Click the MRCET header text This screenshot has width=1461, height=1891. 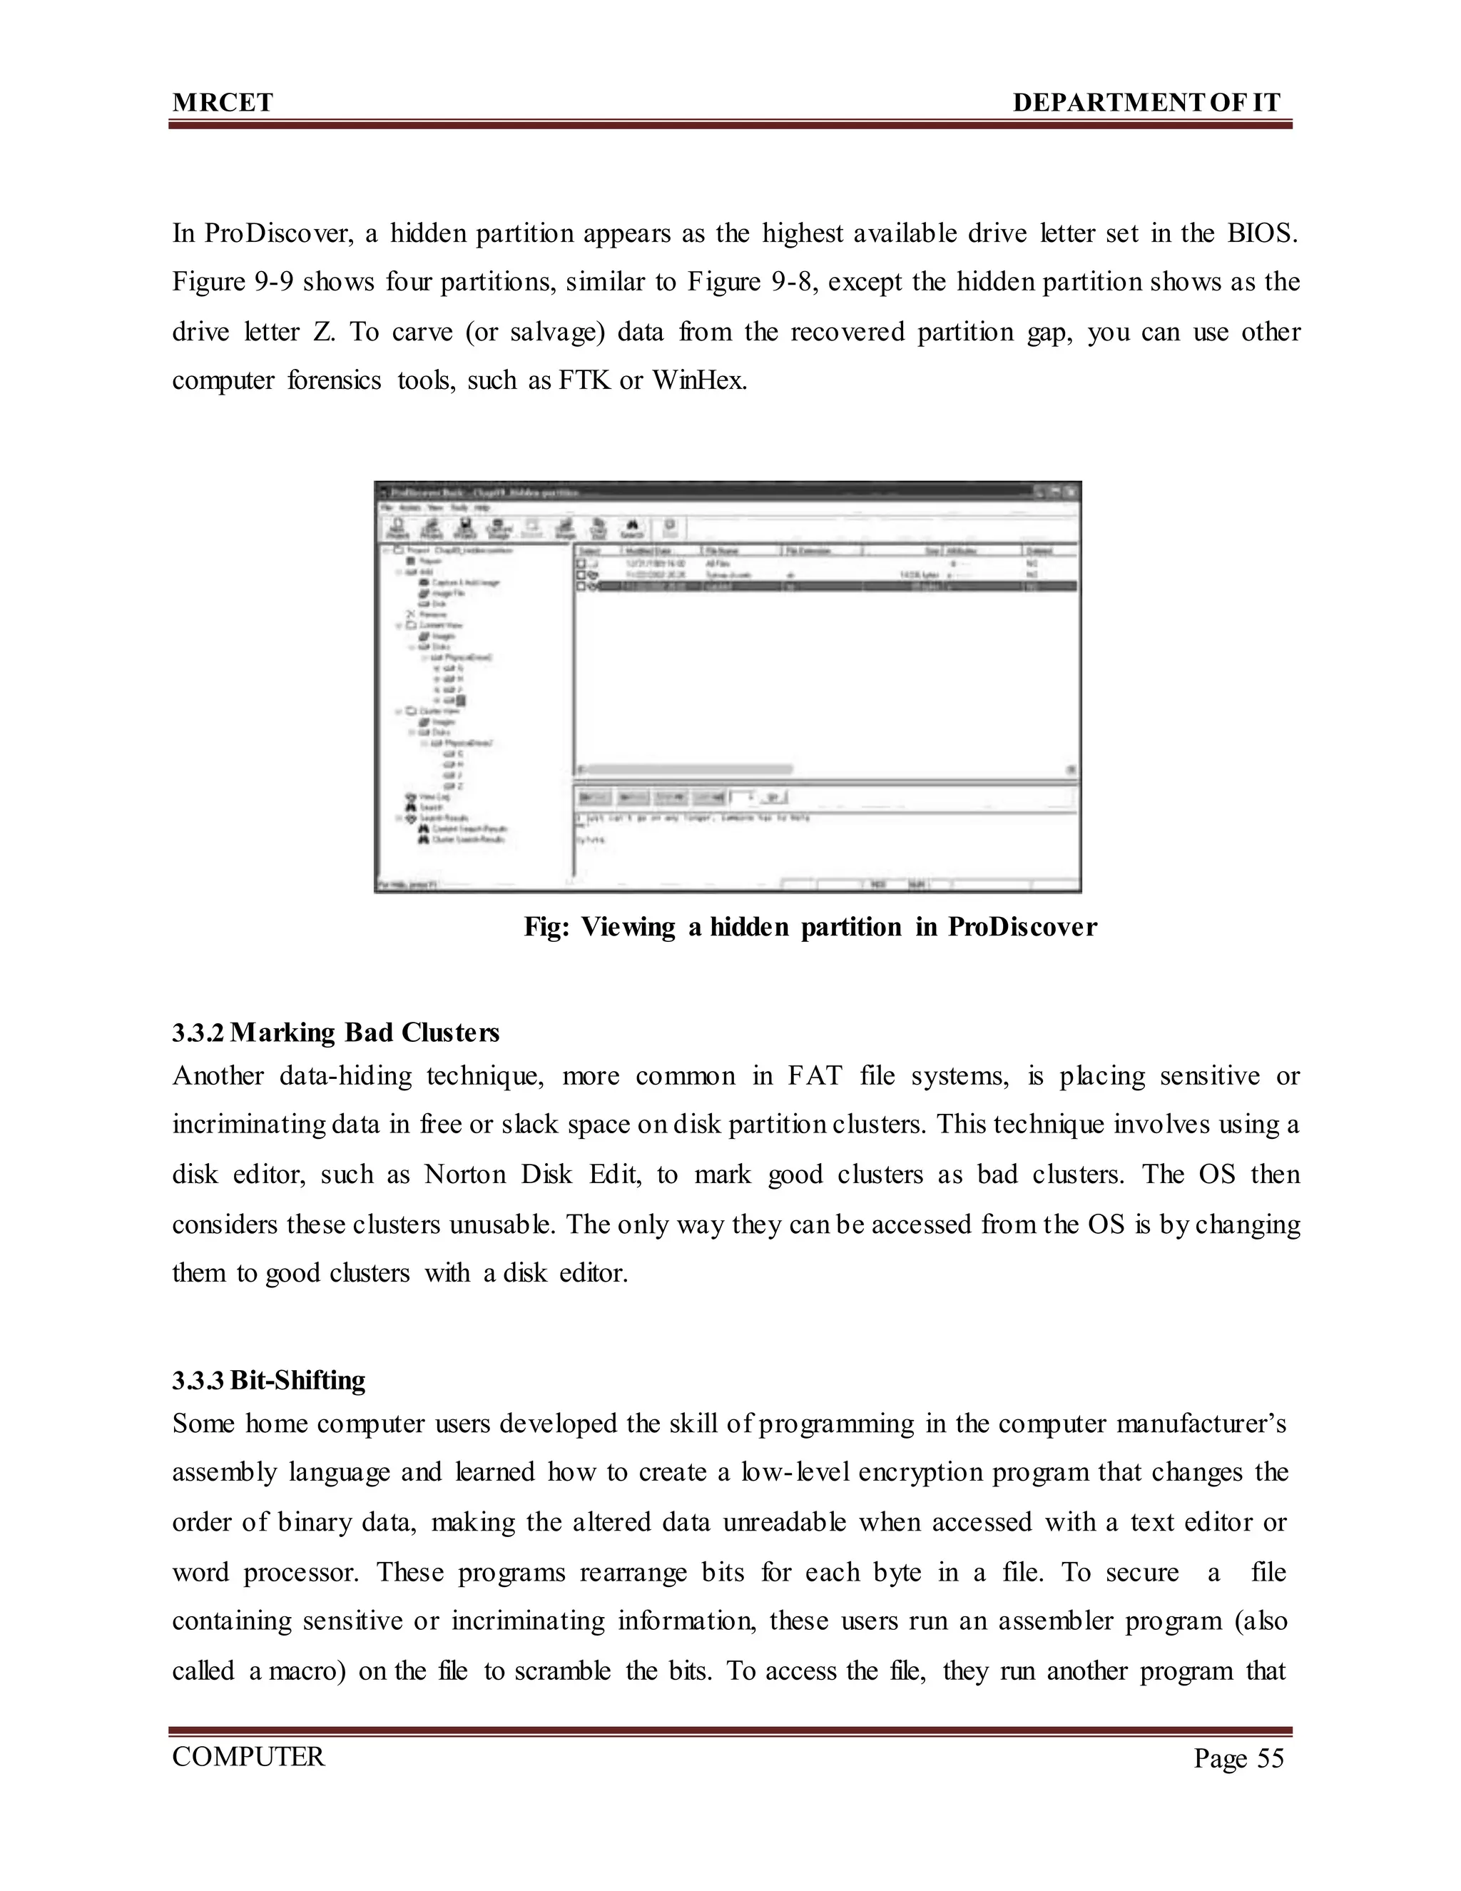point(223,103)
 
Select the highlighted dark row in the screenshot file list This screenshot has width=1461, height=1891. point(827,586)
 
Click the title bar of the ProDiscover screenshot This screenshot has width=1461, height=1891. point(693,491)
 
